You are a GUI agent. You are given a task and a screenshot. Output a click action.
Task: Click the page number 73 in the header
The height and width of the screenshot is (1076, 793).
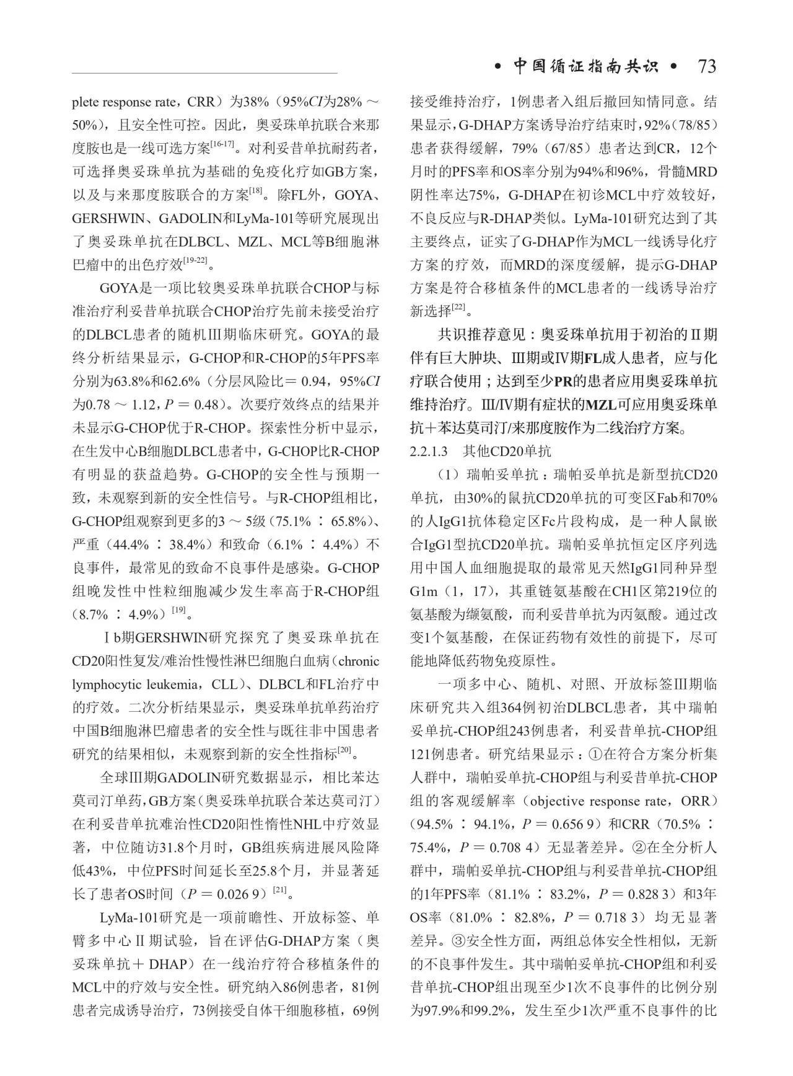pyautogui.click(x=707, y=66)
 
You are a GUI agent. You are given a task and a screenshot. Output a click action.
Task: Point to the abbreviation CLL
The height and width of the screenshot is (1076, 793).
pyautogui.click(x=224, y=685)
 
